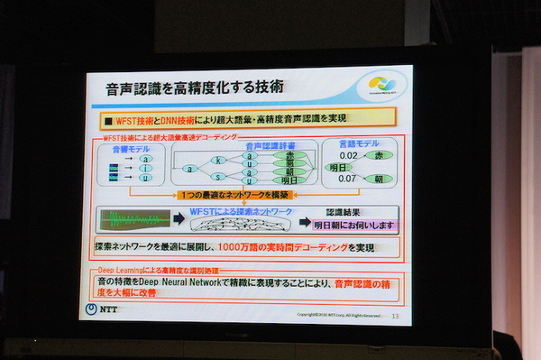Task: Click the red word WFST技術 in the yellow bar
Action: tap(137, 118)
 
